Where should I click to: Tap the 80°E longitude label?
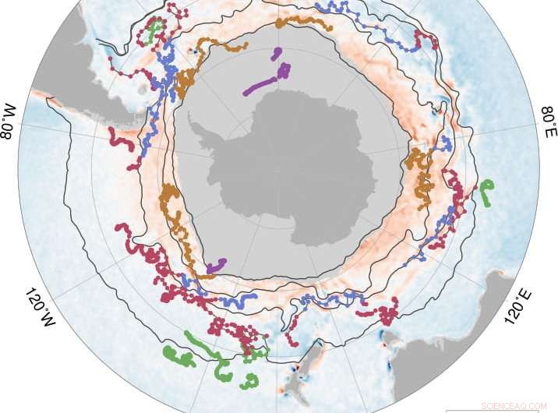pos(548,121)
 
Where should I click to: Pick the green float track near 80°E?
pos(486,192)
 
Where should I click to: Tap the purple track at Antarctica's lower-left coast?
pos(216,266)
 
